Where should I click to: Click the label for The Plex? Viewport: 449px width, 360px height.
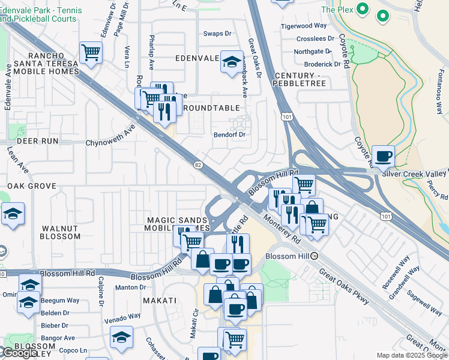[x=336, y=10]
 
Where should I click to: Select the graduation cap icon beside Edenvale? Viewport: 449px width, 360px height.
[x=231, y=62]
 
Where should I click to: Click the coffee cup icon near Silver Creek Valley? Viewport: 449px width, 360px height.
[x=384, y=157]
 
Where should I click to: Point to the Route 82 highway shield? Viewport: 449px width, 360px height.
[x=197, y=164]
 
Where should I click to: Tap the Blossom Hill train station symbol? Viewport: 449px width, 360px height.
[x=315, y=256]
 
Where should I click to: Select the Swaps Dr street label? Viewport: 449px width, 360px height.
[x=217, y=34]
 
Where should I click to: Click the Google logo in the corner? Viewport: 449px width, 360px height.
[x=20, y=353]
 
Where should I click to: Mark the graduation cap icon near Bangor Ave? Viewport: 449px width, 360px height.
[x=121, y=337]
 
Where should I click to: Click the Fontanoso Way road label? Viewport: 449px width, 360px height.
[x=439, y=96]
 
